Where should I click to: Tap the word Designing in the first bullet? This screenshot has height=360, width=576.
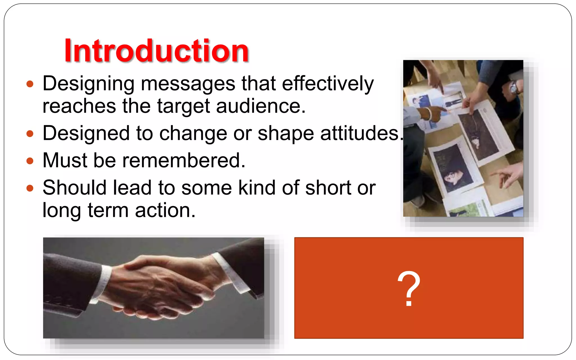[88, 84]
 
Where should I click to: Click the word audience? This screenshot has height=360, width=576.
[260, 106]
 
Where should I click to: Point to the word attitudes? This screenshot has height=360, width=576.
[360, 133]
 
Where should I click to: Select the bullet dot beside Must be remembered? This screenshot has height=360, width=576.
[30, 161]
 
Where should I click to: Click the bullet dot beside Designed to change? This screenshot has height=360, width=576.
[30, 134]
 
